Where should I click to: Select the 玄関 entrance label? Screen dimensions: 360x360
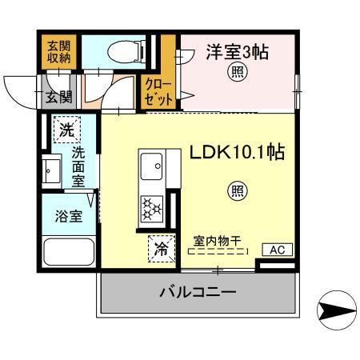(x=58, y=98)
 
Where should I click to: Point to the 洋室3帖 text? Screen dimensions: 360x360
(x=237, y=52)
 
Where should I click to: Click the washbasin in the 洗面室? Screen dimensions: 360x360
(x=53, y=170)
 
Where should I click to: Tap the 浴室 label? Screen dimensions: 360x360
(x=66, y=216)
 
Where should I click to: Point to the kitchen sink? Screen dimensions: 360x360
(x=150, y=169)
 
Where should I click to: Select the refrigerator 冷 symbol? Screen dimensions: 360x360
(x=161, y=249)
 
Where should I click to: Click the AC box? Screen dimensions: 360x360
(x=276, y=250)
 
